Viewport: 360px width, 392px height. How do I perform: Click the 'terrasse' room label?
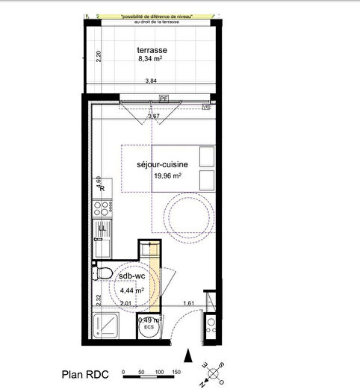point(151,51)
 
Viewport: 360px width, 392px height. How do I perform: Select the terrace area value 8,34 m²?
point(151,61)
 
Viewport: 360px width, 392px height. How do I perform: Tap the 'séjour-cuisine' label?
point(161,164)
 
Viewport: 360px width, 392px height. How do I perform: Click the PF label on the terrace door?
point(163,98)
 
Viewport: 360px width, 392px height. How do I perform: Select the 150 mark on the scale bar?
point(176,371)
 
